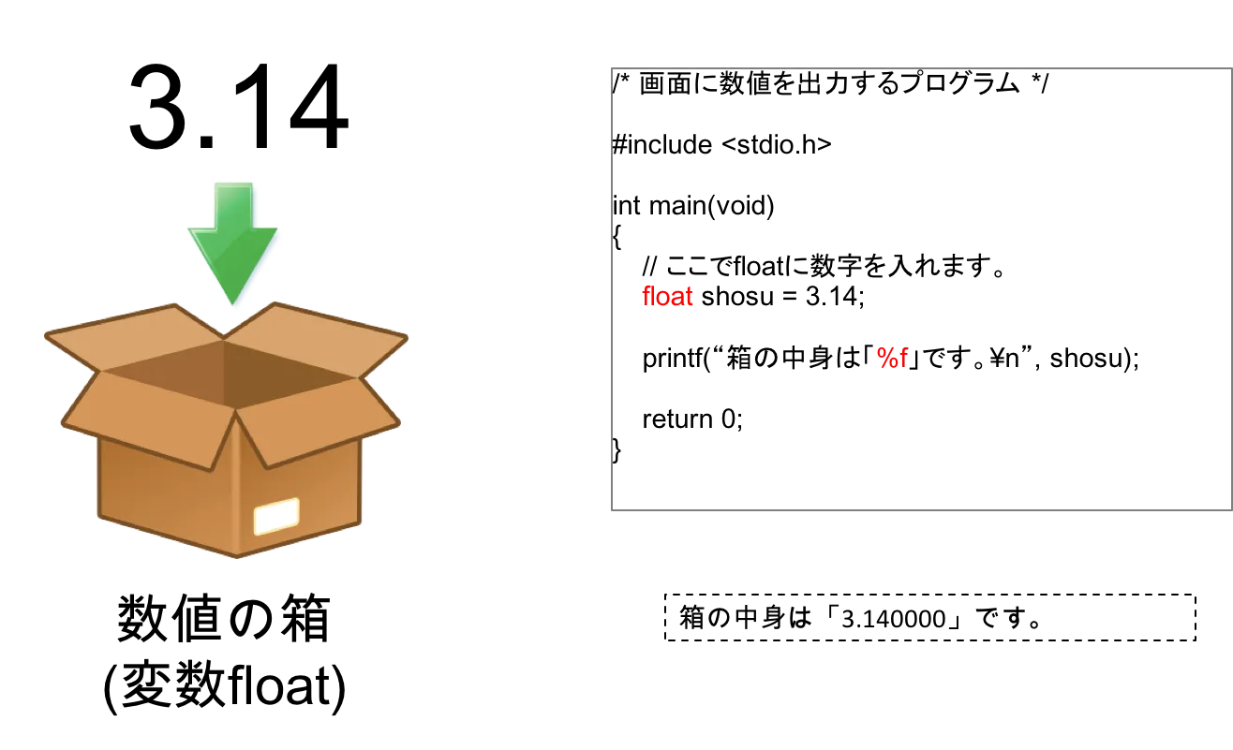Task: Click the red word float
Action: [x=666, y=297]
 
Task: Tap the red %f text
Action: [x=892, y=358]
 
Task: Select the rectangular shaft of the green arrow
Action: [x=233, y=204]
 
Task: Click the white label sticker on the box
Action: [x=276, y=516]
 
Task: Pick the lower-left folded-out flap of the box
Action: [x=141, y=417]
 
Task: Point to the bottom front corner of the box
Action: [x=236, y=557]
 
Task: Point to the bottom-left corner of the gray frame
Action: [x=611, y=512]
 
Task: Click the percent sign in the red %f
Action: [x=885, y=358]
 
